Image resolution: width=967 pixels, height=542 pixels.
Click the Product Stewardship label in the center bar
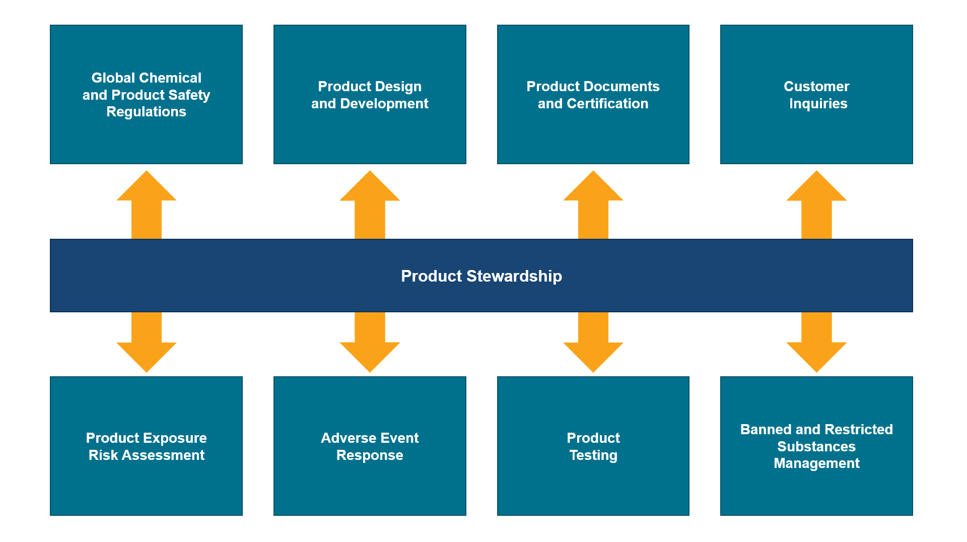pyautogui.click(x=481, y=276)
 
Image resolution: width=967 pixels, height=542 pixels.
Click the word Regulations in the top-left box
pyautogui.click(x=146, y=112)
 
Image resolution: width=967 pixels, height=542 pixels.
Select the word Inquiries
pyautogui.click(x=818, y=104)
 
